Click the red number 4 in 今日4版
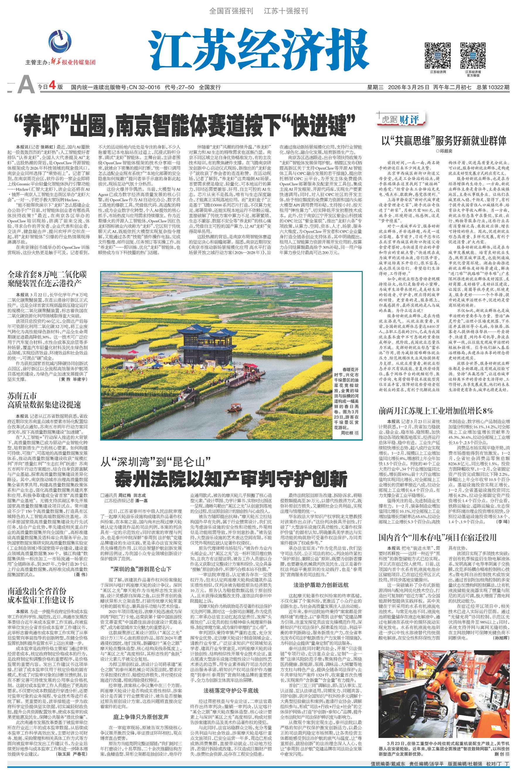point(51,87)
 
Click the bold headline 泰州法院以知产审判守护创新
point(231,479)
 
